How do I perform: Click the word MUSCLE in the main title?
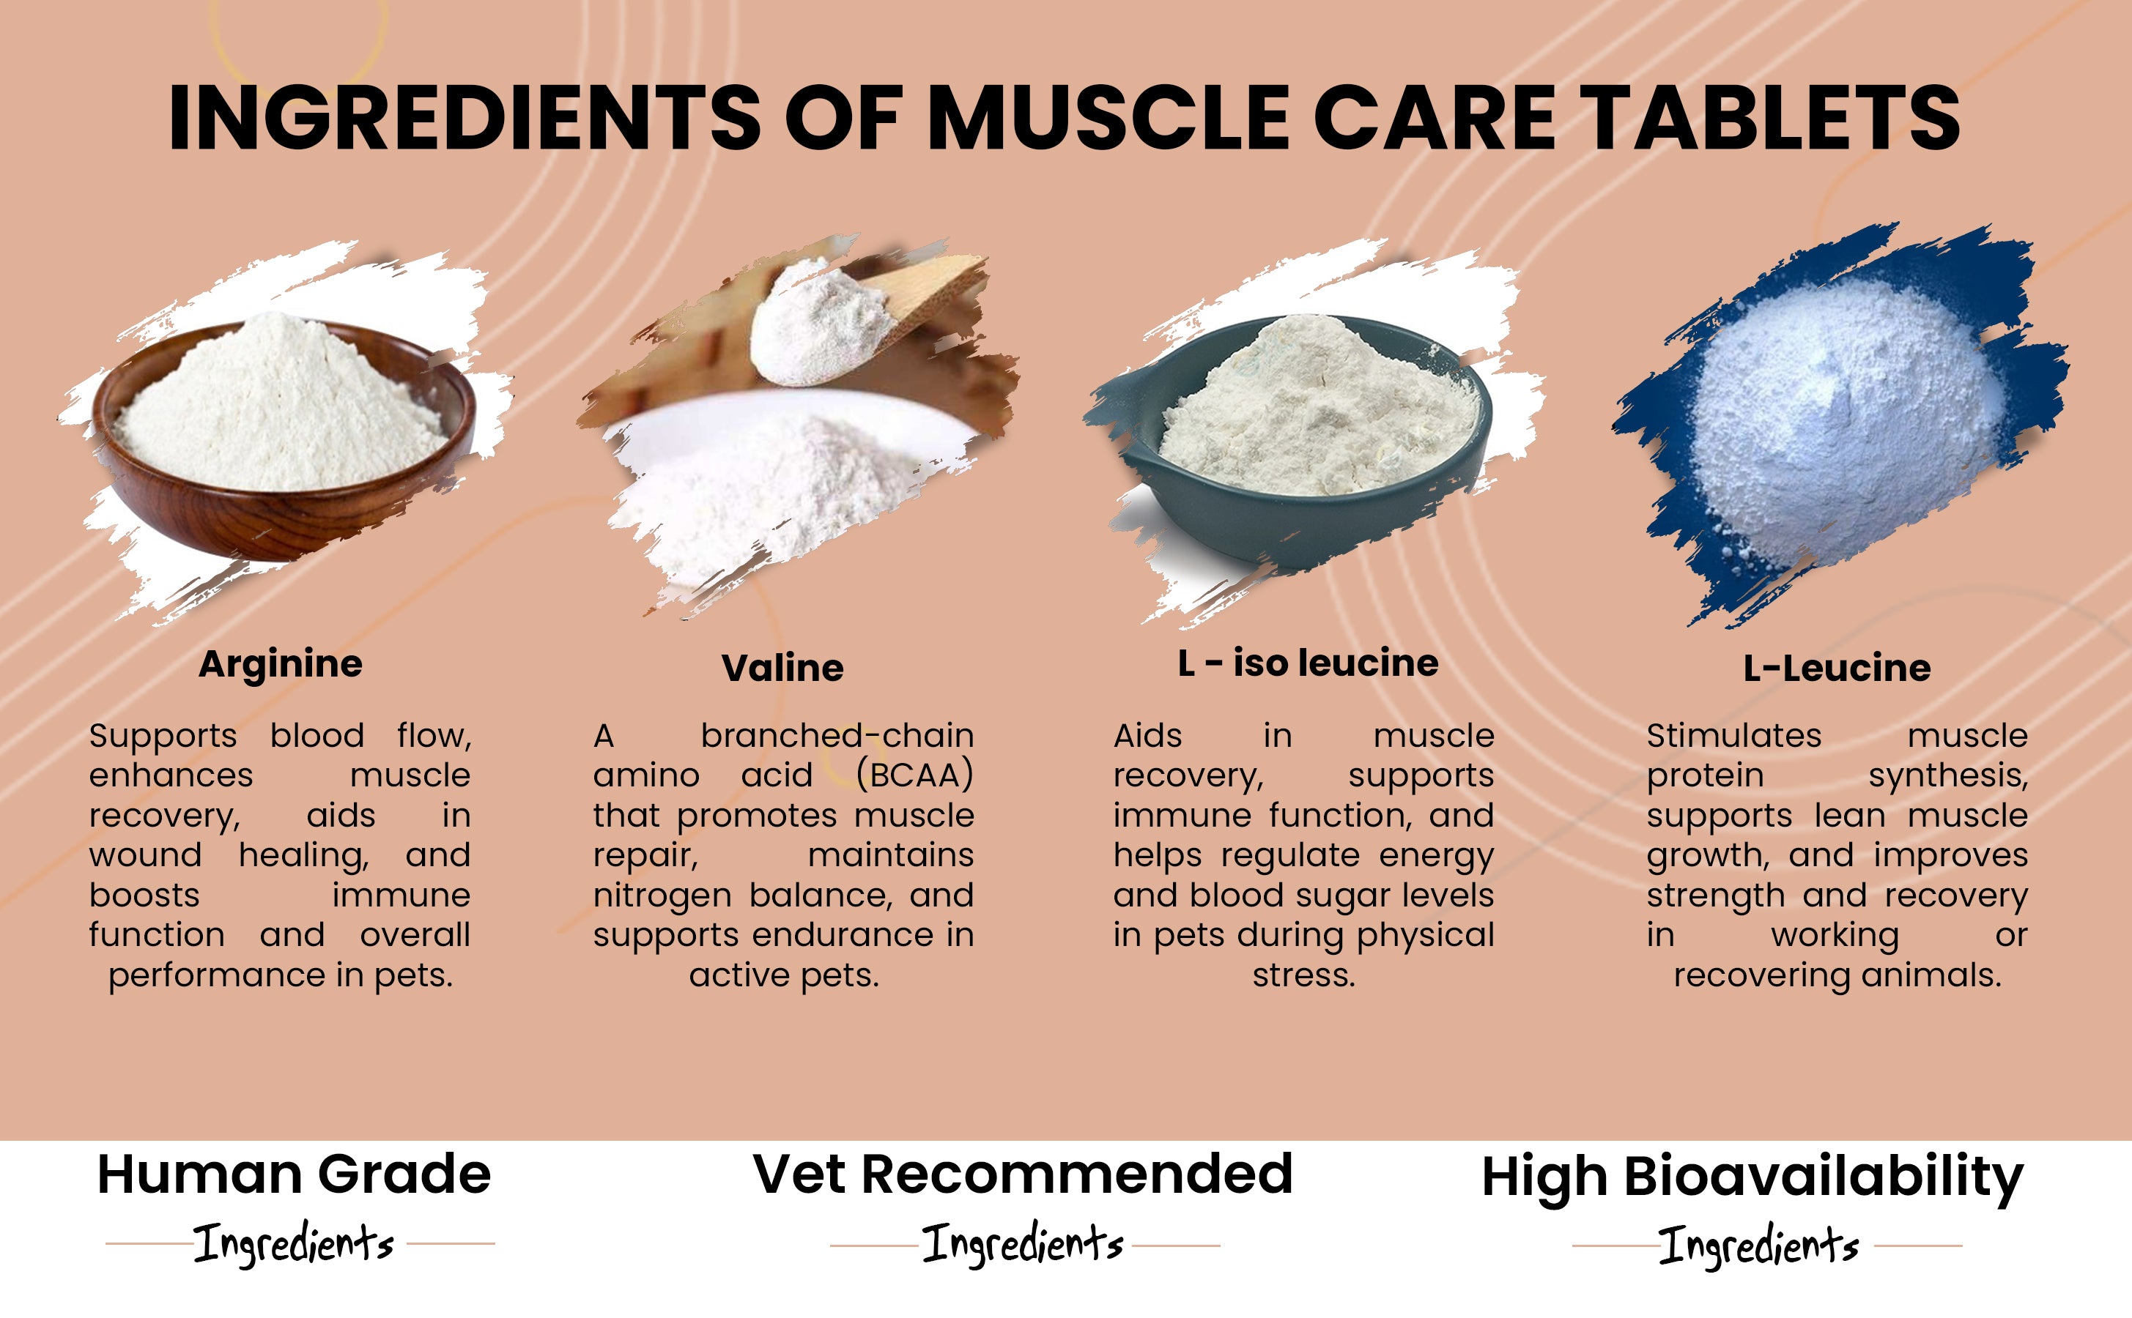tap(1108, 118)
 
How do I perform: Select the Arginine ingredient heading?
tap(280, 665)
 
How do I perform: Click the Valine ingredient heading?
tap(782, 669)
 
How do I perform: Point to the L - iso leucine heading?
tap(1308, 663)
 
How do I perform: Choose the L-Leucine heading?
tap(1837, 669)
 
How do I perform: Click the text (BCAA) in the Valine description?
tap(915, 775)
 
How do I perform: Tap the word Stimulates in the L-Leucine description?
tap(1733, 736)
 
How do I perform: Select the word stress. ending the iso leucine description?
tap(1303, 975)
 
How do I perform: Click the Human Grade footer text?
tap(294, 1175)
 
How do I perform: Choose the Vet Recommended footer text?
tap(1023, 1174)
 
